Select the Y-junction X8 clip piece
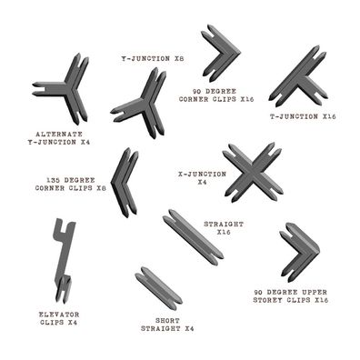[x=143, y=102]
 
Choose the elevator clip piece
[x=62, y=260]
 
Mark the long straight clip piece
[x=192, y=236]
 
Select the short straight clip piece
[x=157, y=286]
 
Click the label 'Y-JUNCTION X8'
[x=153, y=58]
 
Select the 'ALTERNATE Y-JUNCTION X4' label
[x=60, y=137]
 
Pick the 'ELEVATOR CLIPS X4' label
[x=59, y=317]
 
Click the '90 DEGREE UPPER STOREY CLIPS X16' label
[x=290, y=295]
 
